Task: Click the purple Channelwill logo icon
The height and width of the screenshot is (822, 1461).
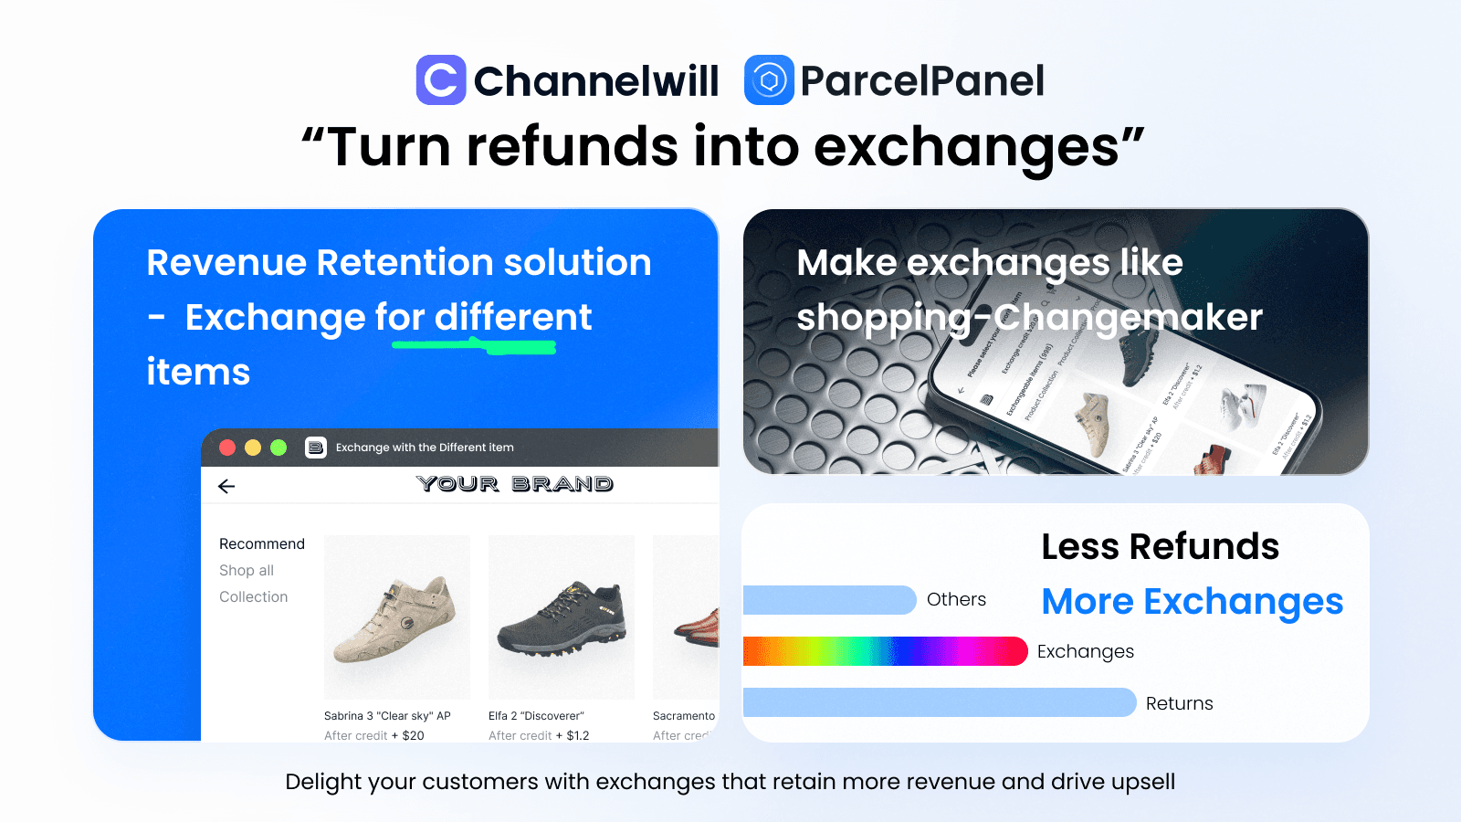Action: click(441, 80)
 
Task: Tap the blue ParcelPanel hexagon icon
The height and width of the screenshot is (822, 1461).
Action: click(769, 80)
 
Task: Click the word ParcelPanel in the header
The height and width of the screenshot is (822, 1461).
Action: click(922, 80)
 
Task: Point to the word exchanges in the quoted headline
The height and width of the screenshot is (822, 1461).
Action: click(966, 147)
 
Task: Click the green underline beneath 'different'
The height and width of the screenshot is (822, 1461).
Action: click(474, 345)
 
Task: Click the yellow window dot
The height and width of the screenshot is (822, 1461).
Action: click(253, 448)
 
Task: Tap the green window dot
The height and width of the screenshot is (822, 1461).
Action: click(279, 448)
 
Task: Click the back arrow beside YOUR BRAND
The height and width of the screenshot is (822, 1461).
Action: click(226, 486)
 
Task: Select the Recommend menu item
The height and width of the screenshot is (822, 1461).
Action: click(262, 543)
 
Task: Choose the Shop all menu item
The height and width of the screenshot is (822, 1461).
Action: click(247, 570)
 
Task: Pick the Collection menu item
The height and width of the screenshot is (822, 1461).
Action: click(253, 596)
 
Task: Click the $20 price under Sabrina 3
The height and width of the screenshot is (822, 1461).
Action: click(413, 735)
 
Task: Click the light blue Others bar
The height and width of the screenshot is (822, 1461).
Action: click(829, 600)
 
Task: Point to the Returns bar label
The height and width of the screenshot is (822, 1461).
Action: click(1179, 703)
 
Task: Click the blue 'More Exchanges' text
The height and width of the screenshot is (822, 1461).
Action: click(1192, 601)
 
